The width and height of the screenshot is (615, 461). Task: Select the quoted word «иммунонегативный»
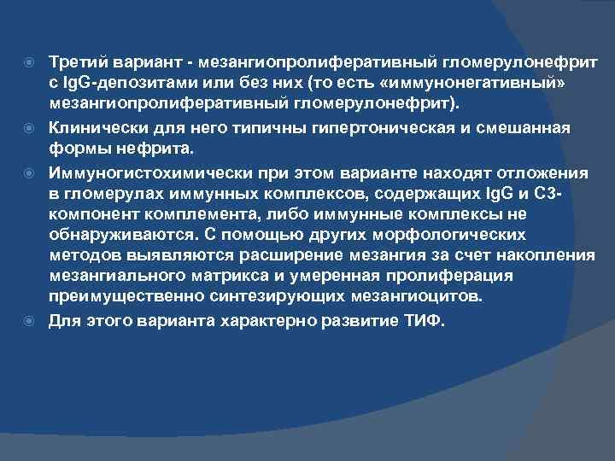tap(486, 84)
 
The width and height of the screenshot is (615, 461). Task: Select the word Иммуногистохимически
tap(138, 173)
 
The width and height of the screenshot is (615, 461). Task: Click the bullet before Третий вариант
tap(33, 63)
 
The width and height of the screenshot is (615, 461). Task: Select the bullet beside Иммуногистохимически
tap(33, 173)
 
